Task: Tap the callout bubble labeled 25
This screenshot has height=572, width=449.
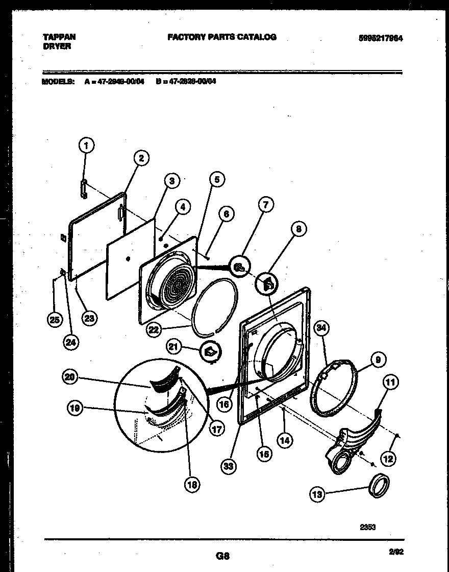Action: point(54,320)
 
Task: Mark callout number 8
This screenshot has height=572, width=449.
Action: point(297,229)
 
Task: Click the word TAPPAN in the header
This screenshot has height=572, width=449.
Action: point(59,37)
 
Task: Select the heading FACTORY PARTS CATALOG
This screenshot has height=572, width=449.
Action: point(221,37)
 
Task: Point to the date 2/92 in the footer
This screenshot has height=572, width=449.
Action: point(395,552)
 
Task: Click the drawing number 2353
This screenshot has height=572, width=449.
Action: point(367,527)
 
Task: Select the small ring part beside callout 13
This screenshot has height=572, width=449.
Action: point(379,485)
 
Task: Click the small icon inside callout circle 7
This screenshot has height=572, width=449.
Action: point(239,265)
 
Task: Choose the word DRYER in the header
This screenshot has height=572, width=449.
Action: point(56,46)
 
